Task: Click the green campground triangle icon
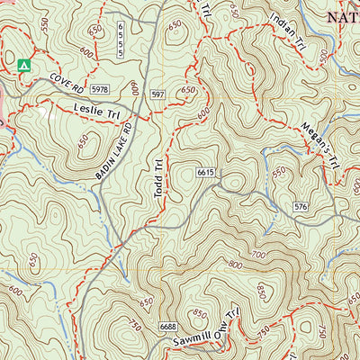click(x=23, y=65)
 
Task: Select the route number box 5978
click(x=100, y=89)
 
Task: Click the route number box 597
click(x=158, y=94)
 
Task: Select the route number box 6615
click(x=206, y=173)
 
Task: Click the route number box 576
click(x=301, y=208)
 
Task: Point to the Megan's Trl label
click(x=319, y=144)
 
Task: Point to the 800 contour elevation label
click(x=236, y=264)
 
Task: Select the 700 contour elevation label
click(x=261, y=256)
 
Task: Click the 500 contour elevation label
click(x=324, y=56)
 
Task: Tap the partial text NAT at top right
click(x=341, y=16)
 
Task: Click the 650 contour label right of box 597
click(x=188, y=90)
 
